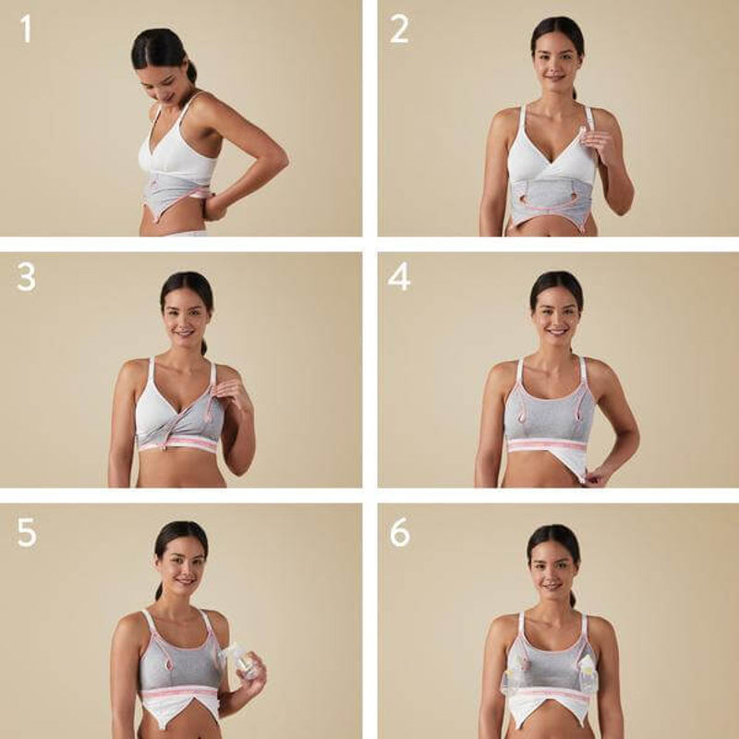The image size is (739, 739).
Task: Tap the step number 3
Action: pyautogui.click(x=26, y=276)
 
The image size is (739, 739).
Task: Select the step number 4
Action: pyautogui.click(x=398, y=276)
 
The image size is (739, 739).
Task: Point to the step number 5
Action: pyautogui.click(x=26, y=532)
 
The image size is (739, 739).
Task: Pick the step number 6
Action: pyautogui.click(x=398, y=532)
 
